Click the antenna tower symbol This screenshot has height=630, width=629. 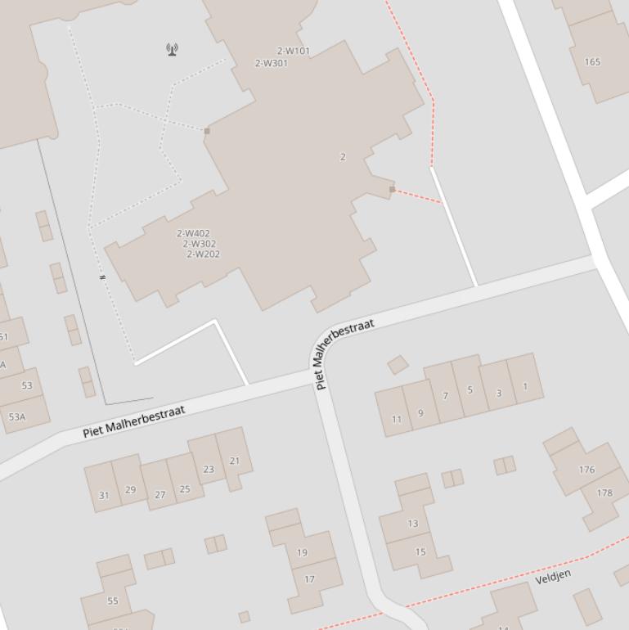tap(172, 49)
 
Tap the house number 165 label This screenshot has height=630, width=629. tap(593, 61)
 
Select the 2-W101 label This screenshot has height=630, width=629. tap(293, 51)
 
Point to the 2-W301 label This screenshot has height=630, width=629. tap(271, 63)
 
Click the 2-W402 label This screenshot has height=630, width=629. tap(193, 233)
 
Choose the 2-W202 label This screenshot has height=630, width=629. tap(203, 254)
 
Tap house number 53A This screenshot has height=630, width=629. tap(16, 416)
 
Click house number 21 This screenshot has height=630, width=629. tap(235, 461)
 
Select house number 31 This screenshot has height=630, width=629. tap(104, 495)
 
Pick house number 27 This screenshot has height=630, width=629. tap(159, 494)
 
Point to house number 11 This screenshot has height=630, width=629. tap(397, 420)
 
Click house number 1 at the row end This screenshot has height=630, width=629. tap(524, 386)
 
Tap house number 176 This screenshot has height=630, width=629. tap(586, 470)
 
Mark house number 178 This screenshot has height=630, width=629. tap(604, 493)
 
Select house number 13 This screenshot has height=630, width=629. tap(412, 524)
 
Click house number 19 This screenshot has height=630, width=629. tap(302, 552)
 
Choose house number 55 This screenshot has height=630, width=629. tap(113, 601)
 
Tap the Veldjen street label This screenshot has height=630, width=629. tap(553, 578)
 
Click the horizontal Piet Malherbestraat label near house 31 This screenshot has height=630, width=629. tap(134, 421)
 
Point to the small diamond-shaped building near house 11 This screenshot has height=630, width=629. tap(398, 364)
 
